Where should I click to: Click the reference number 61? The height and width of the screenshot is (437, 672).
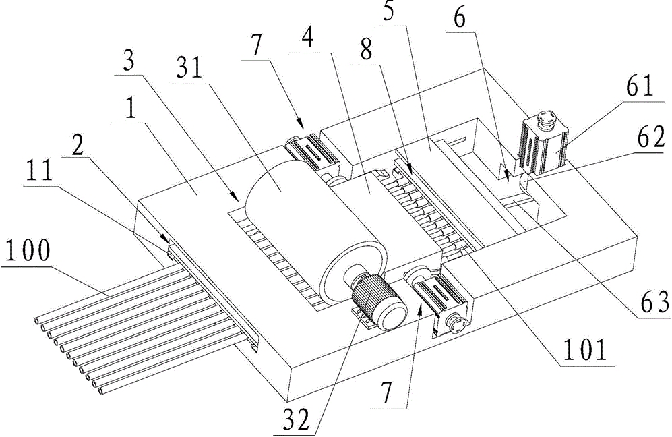pyautogui.click(x=633, y=89)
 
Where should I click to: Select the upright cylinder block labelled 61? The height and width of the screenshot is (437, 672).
pyautogui.click(x=545, y=142)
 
